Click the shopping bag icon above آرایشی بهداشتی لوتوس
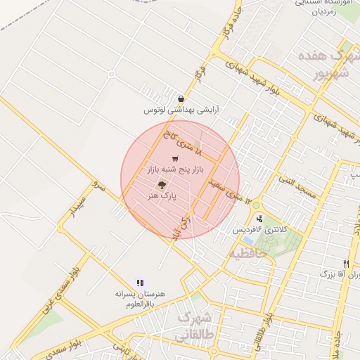(181, 99)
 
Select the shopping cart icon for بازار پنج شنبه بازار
(175, 159)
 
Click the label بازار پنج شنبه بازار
(169, 170)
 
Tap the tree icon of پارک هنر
(162, 186)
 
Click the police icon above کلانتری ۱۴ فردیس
(259, 219)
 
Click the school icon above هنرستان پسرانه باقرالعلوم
(139, 282)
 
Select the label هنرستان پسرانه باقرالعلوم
(139, 298)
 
